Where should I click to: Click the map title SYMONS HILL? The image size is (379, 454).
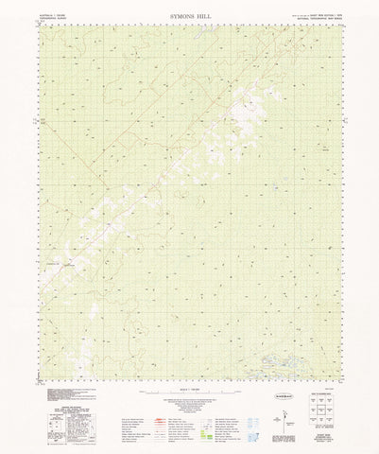click(189, 15)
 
